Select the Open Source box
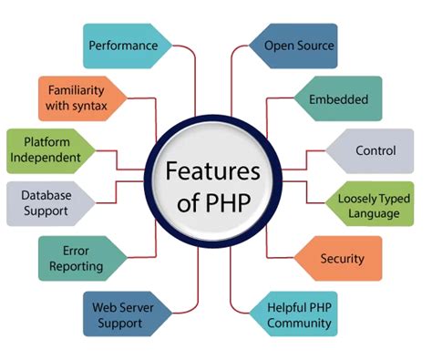[x=298, y=45]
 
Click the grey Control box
[x=373, y=149]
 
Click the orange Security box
[x=341, y=259]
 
